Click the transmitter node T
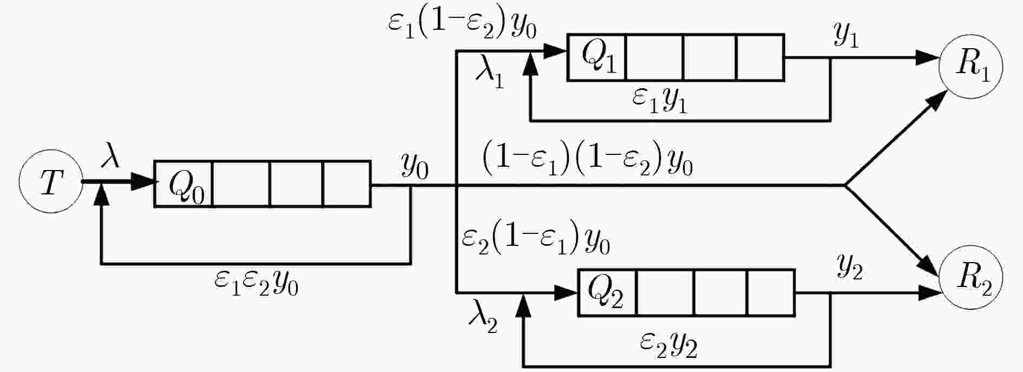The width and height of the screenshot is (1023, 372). [50, 182]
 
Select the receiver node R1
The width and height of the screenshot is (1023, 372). [971, 67]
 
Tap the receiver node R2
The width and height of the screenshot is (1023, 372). [971, 278]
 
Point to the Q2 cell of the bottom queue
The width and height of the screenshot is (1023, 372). [607, 292]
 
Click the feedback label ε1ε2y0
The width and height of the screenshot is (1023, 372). [256, 282]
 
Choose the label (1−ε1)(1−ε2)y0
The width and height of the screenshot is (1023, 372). [587, 162]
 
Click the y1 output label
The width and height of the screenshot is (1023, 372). [847, 36]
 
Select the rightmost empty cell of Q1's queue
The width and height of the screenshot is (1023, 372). [760, 58]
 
